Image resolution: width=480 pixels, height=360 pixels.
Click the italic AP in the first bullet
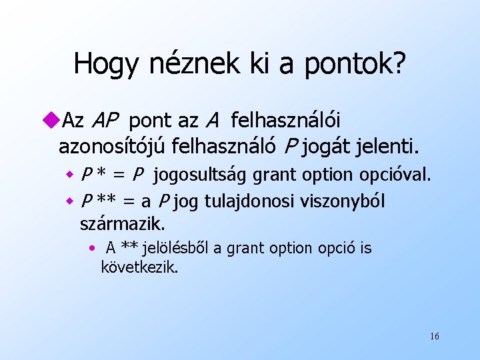pyautogui.click(x=105, y=121)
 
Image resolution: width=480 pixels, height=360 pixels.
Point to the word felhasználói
pyautogui.click(x=285, y=121)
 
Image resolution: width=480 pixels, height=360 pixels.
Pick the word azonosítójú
pyautogui.click(x=112, y=144)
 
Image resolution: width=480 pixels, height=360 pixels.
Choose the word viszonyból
pyautogui.click(x=342, y=201)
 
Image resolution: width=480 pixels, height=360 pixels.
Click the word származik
pyautogui.click(x=122, y=222)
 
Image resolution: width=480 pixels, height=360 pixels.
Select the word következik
pyautogui.click(x=139, y=269)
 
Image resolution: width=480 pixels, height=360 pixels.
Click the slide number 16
pyautogui.click(x=434, y=336)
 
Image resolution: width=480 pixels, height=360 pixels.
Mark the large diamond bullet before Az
pyautogui.click(x=53, y=121)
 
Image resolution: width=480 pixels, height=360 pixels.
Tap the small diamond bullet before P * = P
pyautogui.click(x=68, y=177)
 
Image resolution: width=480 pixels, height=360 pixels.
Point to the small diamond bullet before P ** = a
pyautogui.click(x=68, y=201)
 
